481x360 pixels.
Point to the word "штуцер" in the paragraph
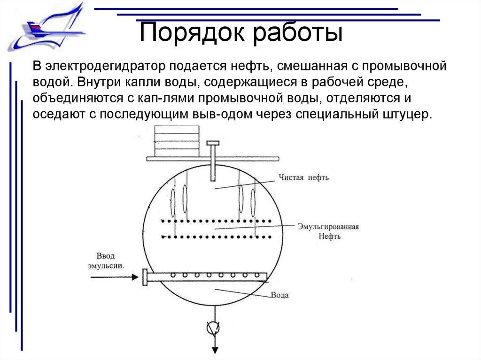click(x=403, y=115)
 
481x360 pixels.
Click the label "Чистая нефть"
click(x=304, y=177)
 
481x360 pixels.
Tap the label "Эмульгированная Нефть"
click(x=328, y=231)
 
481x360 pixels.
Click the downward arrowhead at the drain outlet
click(x=215, y=349)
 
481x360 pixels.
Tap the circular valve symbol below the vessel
click(x=214, y=328)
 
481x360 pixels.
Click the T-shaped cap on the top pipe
click(x=213, y=143)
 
